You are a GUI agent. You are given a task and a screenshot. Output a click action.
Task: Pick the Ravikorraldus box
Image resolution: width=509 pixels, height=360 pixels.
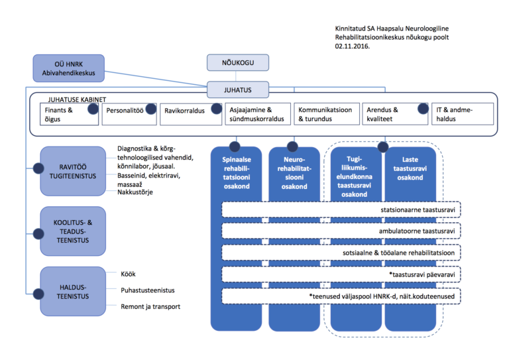point(192,113)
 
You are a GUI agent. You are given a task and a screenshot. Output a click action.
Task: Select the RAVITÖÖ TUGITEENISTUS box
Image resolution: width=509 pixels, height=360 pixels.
point(72,171)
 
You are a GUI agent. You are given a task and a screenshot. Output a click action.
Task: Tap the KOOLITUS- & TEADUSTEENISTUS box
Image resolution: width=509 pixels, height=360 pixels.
point(72,231)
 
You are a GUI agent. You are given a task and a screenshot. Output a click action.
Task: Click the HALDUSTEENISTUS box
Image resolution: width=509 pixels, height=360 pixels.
point(72,291)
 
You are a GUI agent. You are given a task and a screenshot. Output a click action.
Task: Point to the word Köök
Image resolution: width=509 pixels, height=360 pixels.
point(129,273)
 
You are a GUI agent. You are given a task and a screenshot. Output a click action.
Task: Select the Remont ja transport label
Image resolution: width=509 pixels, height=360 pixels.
point(150,306)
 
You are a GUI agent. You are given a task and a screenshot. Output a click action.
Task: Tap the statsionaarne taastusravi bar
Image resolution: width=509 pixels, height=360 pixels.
point(341,210)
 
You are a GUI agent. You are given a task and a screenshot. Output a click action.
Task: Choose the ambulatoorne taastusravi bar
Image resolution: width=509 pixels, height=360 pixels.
point(341,231)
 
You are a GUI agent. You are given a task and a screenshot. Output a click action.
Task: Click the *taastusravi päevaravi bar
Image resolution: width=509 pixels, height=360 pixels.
point(341,273)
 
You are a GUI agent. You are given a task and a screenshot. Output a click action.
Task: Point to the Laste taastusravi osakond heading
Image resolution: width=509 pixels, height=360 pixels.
point(410,169)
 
